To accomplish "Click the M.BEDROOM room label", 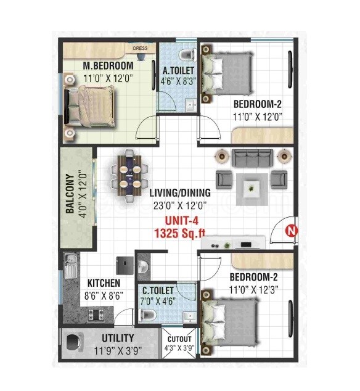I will coord(108,66).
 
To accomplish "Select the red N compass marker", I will coord(290,231).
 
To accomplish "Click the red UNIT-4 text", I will coord(181,220).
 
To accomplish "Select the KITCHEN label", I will coord(103,283).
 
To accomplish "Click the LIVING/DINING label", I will coord(180,192).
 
